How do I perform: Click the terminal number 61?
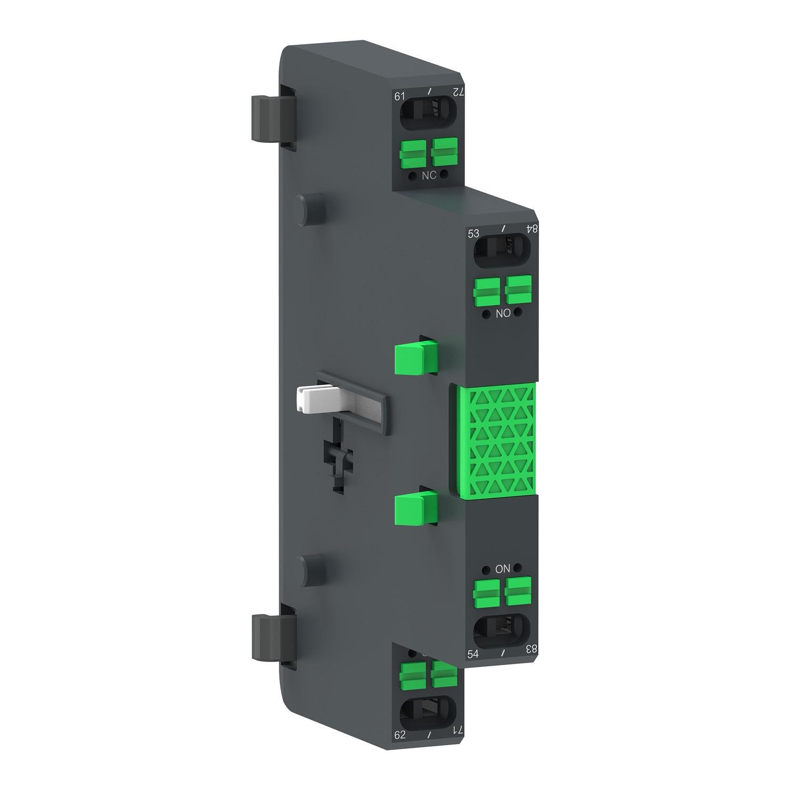(400, 96)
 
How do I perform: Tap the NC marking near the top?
(429, 175)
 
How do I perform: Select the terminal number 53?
(473, 233)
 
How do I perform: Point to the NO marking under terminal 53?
(503, 313)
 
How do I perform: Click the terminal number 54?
(473, 654)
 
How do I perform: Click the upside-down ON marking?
(503, 569)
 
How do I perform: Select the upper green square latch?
(413, 355)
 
